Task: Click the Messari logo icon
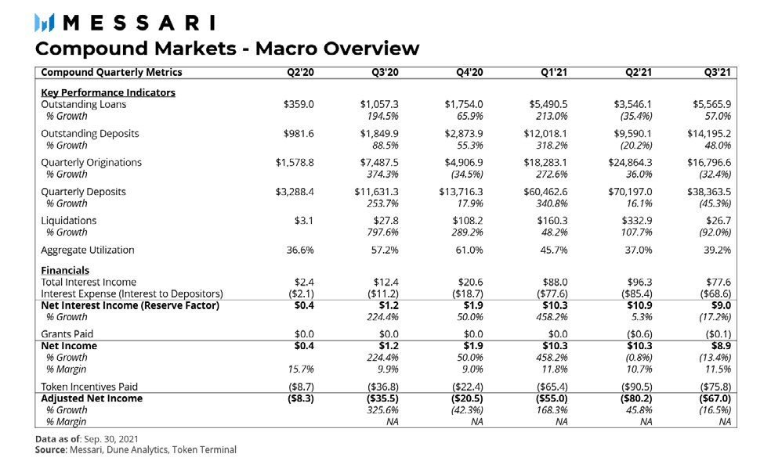tap(45, 23)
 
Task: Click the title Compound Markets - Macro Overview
tap(227, 49)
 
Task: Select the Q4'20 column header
tap(469, 73)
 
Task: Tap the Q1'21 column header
tap(554, 73)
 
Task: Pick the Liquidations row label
tap(69, 221)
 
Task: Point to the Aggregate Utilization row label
tap(88, 250)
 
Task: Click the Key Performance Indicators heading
tap(108, 92)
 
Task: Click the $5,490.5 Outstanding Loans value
tap(546, 104)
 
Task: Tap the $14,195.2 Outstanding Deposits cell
tap(710, 133)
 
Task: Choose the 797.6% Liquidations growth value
tap(382, 232)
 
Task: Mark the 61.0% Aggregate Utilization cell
tap(469, 250)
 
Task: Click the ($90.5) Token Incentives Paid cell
tap(635, 387)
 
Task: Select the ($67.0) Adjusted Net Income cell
tap(714, 398)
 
